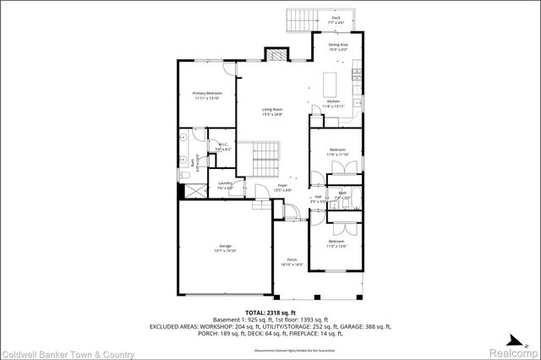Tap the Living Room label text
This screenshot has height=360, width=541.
(x=270, y=112)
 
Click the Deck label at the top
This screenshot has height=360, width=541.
(x=336, y=19)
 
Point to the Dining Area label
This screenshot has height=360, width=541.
(x=337, y=46)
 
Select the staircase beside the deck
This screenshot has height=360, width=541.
(x=301, y=19)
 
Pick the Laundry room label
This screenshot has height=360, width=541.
(x=225, y=185)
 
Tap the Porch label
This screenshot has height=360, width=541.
(x=292, y=262)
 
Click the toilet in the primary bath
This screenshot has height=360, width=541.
(x=183, y=175)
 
